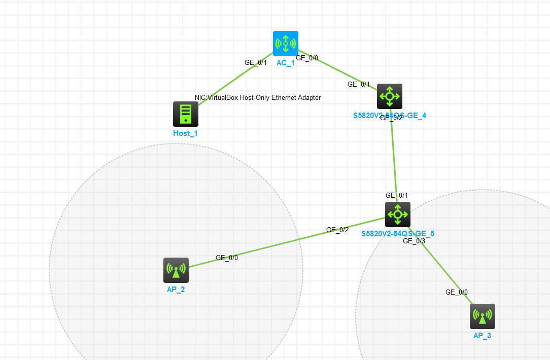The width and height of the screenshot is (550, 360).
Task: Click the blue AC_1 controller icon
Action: pyautogui.click(x=286, y=44)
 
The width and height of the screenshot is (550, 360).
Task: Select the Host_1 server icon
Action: pyautogui.click(x=186, y=114)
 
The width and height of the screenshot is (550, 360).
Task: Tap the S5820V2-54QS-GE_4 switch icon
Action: pyautogui.click(x=390, y=96)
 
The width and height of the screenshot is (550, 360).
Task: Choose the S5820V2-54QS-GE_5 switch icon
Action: pyautogui.click(x=398, y=214)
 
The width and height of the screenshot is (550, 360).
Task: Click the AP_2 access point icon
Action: pyautogui.click(x=176, y=270)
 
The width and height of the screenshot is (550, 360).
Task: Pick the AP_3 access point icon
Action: pyautogui.click(x=483, y=316)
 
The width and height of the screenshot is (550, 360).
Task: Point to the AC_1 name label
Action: pyautogui.click(x=286, y=63)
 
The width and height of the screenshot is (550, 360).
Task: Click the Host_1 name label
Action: pyautogui.click(x=185, y=133)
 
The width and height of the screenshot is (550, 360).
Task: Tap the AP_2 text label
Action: pyautogui.click(x=176, y=290)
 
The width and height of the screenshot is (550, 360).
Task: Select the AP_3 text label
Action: pyautogui.click(x=482, y=336)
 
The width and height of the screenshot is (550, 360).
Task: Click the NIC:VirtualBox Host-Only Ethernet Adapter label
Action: pyautogui.click(x=258, y=97)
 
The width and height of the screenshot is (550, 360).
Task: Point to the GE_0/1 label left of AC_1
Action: pyautogui.click(x=256, y=63)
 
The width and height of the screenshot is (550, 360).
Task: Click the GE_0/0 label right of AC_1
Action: pyautogui.click(x=307, y=58)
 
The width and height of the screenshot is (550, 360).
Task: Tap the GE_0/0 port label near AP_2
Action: pyautogui.click(x=227, y=258)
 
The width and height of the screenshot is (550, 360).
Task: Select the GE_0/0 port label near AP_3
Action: pyautogui.click(x=457, y=292)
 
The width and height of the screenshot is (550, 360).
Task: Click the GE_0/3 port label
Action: pyautogui.click(x=414, y=241)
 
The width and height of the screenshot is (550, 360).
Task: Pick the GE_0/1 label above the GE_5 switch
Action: pyautogui.click(x=397, y=195)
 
